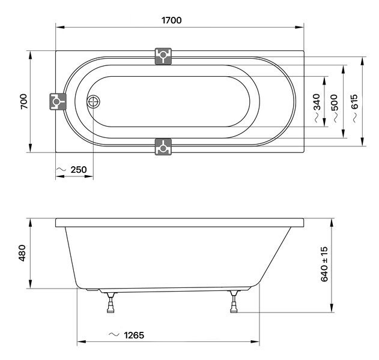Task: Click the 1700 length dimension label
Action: point(171,20)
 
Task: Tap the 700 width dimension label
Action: point(24,101)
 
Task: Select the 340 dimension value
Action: point(317,102)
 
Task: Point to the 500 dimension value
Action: point(335,103)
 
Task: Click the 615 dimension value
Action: point(354,102)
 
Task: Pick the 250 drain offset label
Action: point(79,170)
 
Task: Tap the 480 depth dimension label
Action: point(22,253)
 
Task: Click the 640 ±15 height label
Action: point(324,264)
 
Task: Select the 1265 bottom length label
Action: point(134,335)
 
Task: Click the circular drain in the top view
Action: point(93,101)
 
